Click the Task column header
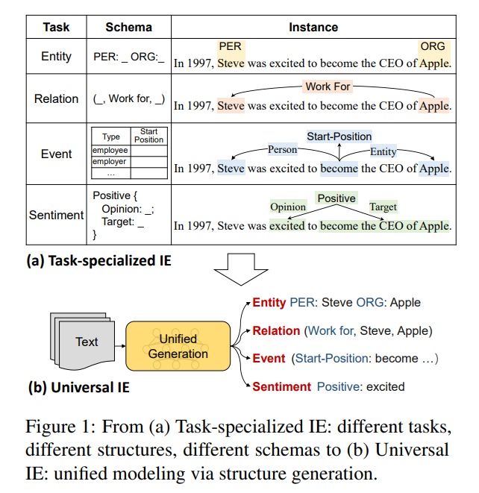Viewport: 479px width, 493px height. click(x=56, y=27)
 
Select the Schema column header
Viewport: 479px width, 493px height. click(x=128, y=27)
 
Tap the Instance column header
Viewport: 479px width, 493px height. click(x=313, y=27)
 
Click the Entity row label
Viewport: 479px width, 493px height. click(x=56, y=56)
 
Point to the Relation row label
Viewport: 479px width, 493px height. click(x=56, y=98)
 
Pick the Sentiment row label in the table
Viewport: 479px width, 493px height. click(x=56, y=215)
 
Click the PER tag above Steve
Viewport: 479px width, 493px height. click(x=231, y=46)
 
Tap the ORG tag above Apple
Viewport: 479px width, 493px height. click(x=433, y=46)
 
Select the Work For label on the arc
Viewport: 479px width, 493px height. click(x=328, y=87)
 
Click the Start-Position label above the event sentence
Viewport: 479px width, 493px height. click(x=339, y=136)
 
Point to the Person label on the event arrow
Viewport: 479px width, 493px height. click(x=282, y=149)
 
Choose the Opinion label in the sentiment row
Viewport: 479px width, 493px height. click(x=288, y=207)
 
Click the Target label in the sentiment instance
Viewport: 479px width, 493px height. click(x=383, y=207)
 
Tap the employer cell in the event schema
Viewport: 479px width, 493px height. click(x=110, y=162)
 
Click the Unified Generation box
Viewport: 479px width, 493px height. click(x=178, y=346)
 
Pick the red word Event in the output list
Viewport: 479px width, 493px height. click(x=269, y=359)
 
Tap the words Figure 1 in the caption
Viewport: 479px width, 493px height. click(x=57, y=427)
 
